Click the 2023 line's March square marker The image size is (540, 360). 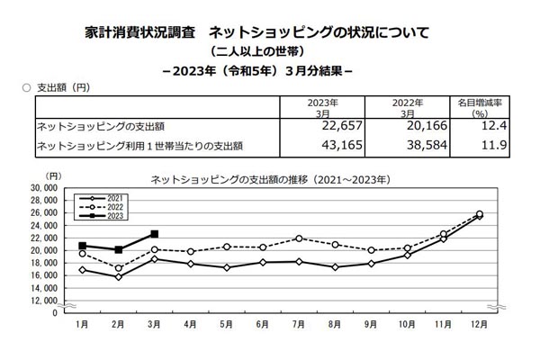155,234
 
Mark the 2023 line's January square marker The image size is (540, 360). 83,246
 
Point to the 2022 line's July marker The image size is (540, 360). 298,238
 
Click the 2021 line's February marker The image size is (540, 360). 119,277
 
